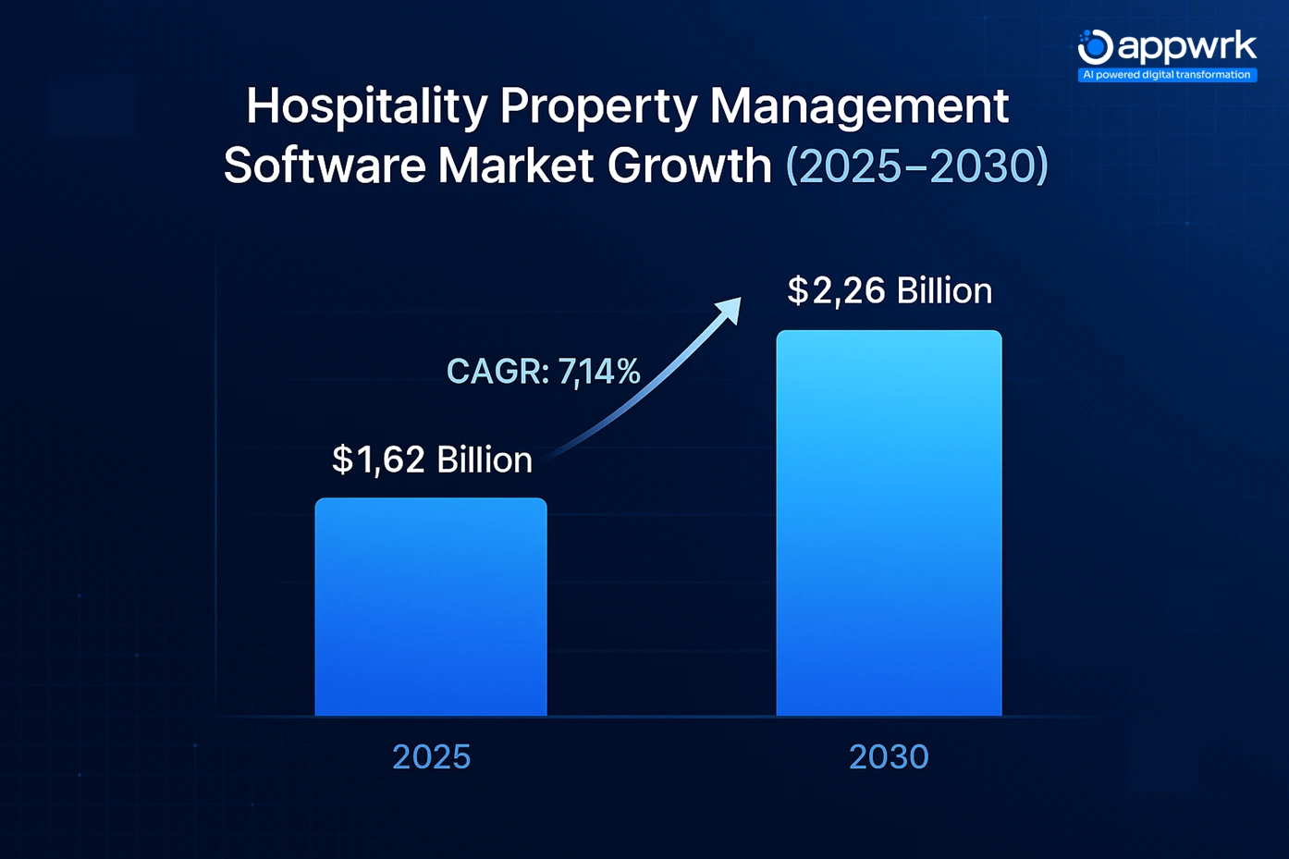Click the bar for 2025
pyautogui.click(x=431, y=607)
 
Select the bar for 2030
pyautogui.click(x=889, y=523)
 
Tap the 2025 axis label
pyautogui.click(x=431, y=757)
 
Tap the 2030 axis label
pyautogui.click(x=889, y=757)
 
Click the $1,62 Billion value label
pyautogui.click(x=432, y=460)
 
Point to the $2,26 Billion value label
pyautogui.click(x=889, y=291)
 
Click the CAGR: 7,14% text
pyautogui.click(x=543, y=372)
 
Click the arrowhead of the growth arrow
pyautogui.click(x=730, y=308)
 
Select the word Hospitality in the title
pyautogui.click(x=366, y=107)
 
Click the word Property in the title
pyautogui.click(x=598, y=107)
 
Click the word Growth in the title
pyautogui.click(x=689, y=166)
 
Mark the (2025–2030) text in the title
pyautogui.click(x=916, y=166)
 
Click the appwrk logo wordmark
pyautogui.click(x=1187, y=45)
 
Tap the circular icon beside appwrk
pyautogui.click(x=1095, y=46)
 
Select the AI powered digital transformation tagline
pyautogui.click(x=1167, y=75)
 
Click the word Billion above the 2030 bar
pyautogui.click(x=944, y=291)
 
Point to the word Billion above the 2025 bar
pyautogui.click(x=485, y=460)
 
